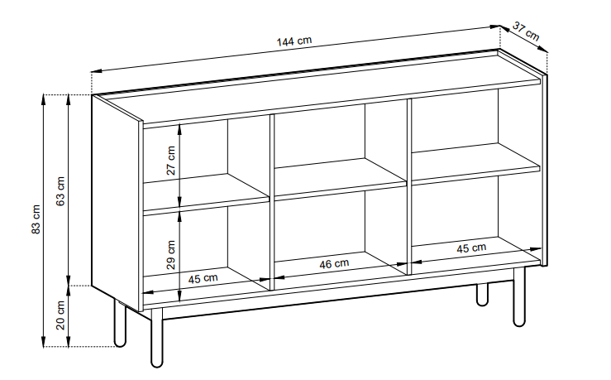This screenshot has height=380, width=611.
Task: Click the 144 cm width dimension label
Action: (x=294, y=41)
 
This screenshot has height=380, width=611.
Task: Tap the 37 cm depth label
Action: (x=526, y=31)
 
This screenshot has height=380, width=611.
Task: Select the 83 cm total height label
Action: (x=36, y=219)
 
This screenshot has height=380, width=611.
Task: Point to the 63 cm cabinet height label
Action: (x=60, y=191)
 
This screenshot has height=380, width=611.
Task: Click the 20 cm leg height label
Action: (x=60, y=315)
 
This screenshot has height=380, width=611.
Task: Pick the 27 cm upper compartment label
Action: (x=170, y=161)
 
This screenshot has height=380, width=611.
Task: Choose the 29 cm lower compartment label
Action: (x=170, y=255)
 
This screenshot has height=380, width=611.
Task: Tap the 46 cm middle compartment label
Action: (x=334, y=264)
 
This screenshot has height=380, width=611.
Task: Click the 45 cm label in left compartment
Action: (x=203, y=278)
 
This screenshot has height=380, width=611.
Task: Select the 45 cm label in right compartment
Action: (x=471, y=248)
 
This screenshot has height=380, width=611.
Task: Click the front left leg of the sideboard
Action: (x=156, y=338)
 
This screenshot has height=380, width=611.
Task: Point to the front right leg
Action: (x=519, y=296)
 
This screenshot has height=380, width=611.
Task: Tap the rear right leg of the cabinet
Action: (x=482, y=294)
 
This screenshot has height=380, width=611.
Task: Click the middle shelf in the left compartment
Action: (x=207, y=194)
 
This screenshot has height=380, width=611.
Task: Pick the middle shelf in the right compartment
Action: (x=475, y=164)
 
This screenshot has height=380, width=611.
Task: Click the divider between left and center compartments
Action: (x=271, y=203)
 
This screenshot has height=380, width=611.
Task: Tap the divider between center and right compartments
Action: (x=409, y=186)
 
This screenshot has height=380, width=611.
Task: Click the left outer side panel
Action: (x=117, y=203)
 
